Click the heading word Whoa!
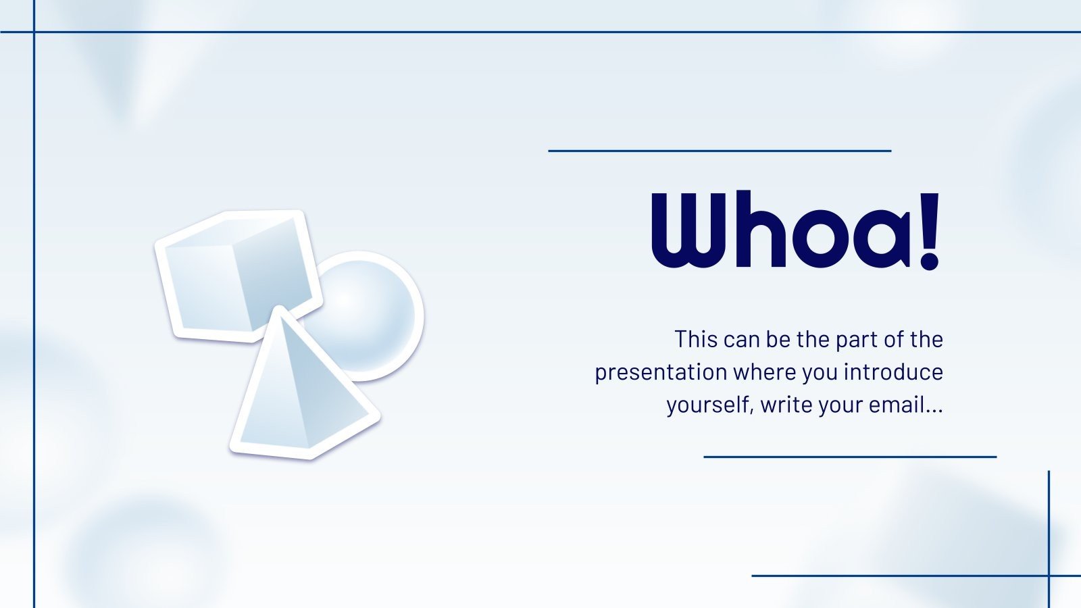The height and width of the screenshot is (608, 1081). tap(795, 230)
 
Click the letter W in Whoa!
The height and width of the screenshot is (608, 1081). tap(688, 229)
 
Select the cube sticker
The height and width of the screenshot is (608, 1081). tap(238, 276)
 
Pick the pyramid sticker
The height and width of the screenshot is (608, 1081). tap(304, 384)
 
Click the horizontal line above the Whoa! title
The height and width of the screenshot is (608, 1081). tap(720, 151)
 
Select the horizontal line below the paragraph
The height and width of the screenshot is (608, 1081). tap(850, 457)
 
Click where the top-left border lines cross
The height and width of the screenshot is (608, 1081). tap(34, 32)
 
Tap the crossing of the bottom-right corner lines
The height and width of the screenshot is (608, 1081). tap(1049, 576)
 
